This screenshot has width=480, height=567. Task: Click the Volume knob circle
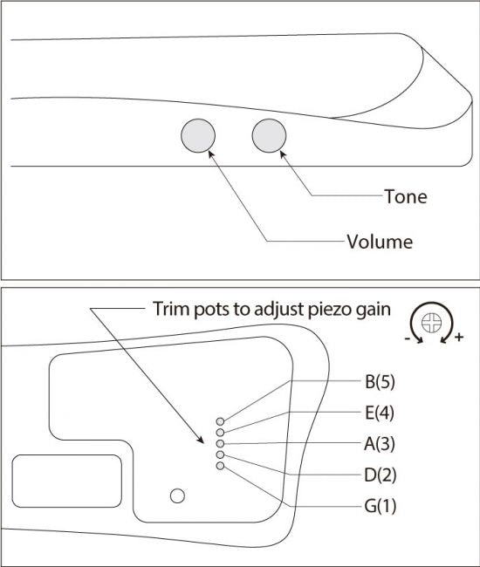[198, 135]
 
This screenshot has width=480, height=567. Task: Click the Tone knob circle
[269, 135]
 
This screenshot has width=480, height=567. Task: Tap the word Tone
[406, 197]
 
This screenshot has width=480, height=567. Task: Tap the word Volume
[380, 242]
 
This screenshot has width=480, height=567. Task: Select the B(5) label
[380, 382]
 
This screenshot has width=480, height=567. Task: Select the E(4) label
[380, 413]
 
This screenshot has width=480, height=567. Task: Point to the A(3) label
[380, 444]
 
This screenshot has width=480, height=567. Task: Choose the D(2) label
[381, 475]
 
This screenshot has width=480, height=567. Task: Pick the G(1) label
[381, 506]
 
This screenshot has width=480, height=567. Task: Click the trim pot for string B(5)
[220, 421]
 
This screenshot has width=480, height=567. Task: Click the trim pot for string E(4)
[220, 432]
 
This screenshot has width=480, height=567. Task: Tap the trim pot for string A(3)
[220, 444]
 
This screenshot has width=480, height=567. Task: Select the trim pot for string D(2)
[220, 454]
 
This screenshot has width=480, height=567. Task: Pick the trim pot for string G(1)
[220, 466]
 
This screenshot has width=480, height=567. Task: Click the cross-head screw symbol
[431, 322]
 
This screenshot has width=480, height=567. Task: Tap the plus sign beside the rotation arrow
[459, 338]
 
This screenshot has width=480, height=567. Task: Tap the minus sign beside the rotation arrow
[408, 338]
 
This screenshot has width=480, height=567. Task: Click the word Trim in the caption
[171, 309]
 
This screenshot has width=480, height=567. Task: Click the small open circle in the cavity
[177, 495]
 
